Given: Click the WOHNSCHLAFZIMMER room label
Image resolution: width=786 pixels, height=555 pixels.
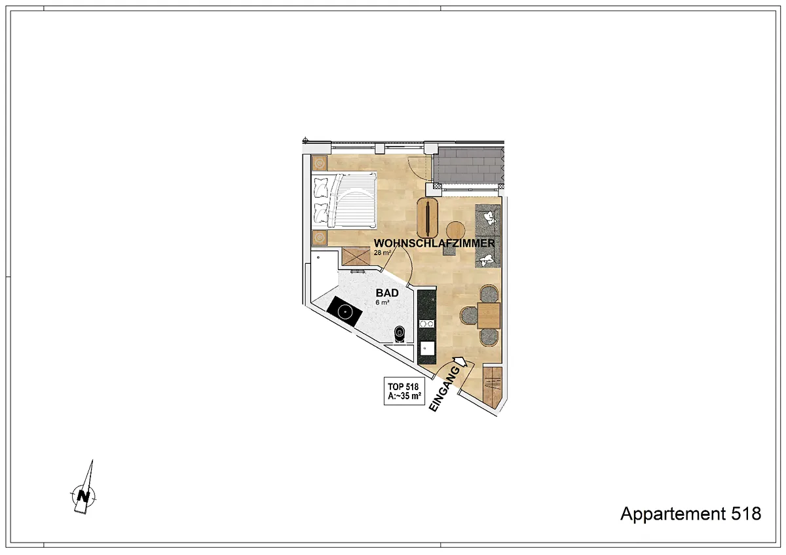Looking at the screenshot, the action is (x=434, y=243).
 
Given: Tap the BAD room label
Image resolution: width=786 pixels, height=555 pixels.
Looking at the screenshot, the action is (x=387, y=293).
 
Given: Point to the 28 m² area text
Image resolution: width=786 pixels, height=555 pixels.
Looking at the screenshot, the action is (x=383, y=253).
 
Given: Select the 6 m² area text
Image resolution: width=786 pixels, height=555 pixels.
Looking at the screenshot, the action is (x=383, y=302).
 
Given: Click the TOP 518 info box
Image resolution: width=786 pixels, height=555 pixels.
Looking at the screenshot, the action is (x=404, y=391).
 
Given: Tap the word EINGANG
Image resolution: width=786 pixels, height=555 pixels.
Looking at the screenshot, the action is (x=445, y=389).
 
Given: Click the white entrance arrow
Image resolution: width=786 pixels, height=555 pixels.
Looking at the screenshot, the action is (x=461, y=361).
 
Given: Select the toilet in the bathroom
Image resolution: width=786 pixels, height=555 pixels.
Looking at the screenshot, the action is (x=400, y=333).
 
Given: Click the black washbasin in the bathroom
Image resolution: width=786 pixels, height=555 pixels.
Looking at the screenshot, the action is (x=345, y=312).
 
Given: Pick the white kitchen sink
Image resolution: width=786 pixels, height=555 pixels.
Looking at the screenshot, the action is (x=427, y=348).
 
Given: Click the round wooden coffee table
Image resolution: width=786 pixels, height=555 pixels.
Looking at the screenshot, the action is (x=455, y=230).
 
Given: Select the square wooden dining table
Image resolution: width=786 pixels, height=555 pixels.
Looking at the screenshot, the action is (x=489, y=315).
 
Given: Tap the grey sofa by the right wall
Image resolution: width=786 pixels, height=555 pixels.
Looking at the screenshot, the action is (x=487, y=236).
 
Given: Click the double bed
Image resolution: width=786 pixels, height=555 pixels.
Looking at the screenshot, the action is (x=344, y=200).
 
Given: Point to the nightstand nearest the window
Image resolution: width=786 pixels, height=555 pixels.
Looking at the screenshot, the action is (x=320, y=163).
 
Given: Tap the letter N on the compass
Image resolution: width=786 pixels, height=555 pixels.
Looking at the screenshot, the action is (x=83, y=497).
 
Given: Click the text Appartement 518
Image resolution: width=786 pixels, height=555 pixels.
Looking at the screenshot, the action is (x=690, y=514).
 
